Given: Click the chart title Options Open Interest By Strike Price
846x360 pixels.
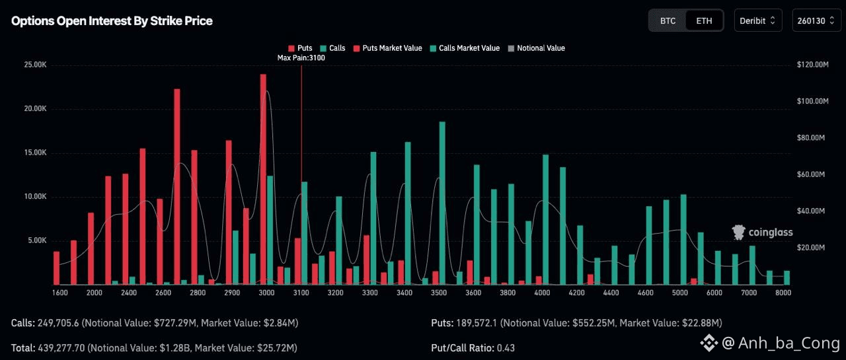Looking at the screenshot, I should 112,21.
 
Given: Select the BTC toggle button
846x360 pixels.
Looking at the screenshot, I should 668,20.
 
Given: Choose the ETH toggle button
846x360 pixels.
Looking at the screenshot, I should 704,20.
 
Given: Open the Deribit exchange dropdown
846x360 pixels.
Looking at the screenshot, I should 757,20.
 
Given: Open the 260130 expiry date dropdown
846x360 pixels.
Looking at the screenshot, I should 816,20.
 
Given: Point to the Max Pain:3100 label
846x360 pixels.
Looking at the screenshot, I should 301,58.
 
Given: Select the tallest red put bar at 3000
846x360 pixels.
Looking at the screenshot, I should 263,178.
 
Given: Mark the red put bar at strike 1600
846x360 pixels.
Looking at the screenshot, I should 57,268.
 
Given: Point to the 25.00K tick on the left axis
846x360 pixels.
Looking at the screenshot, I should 35,65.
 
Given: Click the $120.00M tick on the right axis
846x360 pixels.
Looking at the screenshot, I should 812,65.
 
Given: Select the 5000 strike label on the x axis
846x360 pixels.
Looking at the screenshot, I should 680,293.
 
